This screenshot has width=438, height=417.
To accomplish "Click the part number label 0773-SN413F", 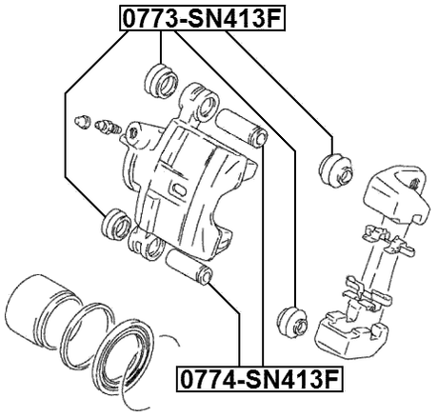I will click(x=203, y=17).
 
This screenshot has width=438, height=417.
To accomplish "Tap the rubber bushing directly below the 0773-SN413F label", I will click(x=159, y=80).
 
